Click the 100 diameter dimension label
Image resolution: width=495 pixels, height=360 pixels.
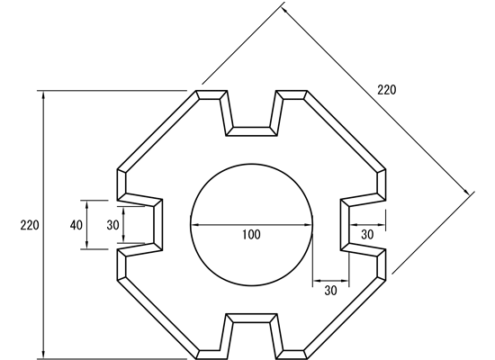pyautogui.click(x=252, y=235)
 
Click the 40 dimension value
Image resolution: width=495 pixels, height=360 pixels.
pyautogui.click(x=76, y=225)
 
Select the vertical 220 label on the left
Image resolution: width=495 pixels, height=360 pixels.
pyautogui.click(x=30, y=225)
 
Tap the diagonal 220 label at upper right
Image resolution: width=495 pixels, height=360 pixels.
pyautogui.click(x=386, y=90)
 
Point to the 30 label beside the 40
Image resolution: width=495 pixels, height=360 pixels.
pyautogui.click(x=112, y=225)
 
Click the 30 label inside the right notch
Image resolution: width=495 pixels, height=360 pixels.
pyautogui.click(x=367, y=235)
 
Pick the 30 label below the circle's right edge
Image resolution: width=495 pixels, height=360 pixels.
pyautogui.click(x=330, y=291)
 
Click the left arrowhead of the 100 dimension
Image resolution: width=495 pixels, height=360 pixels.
pyautogui.click(x=194, y=225)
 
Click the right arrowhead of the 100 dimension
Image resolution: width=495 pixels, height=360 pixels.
pyautogui.click(x=309, y=225)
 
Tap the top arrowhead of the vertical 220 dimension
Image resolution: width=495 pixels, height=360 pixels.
pyautogui.click(x=43, y=94)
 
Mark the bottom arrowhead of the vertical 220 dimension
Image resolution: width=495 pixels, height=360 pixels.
pyautogui.click(x=43, y=355)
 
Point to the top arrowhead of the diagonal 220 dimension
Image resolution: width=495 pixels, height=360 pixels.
pyautogui.click(x=284, y=10)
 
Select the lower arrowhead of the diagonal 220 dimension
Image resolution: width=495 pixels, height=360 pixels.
pyautogui.click(x=466, y=191)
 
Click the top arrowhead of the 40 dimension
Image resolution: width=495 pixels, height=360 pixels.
pyautogui.click(x=87, y=204)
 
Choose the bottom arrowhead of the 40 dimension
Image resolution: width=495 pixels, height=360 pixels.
pyautogui.click(x=87, y=245)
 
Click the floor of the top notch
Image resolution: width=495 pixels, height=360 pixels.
pyautogui.click(x=252, y=131)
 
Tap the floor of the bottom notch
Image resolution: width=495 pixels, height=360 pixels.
pyautogui.click(x=252, y=319)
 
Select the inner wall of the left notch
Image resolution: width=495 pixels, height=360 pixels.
pyautogui.click(x=158, y=225)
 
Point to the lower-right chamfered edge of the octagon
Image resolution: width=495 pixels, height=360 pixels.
pyautogui.click(x=345, y=318)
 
